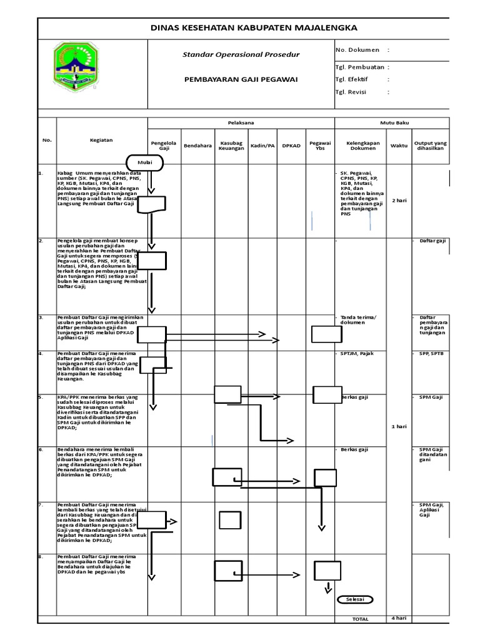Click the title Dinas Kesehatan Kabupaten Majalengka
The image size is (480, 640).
coord(254,28)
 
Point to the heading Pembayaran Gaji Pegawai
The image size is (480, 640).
coord(241,79)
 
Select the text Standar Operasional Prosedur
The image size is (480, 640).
coord(241,54)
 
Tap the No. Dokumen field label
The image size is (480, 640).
coord(362,49)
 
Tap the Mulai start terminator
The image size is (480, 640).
coord(144,162)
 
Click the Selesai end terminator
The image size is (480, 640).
coord(355,599)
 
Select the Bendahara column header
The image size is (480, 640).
coord(197,146)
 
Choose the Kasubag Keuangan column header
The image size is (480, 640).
coord(231,146)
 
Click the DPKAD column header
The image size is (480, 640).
coord(291,146)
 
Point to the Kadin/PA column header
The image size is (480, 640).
coord(262,146)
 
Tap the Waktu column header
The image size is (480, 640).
coord(399,146)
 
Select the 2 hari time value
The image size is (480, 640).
coord(399,201)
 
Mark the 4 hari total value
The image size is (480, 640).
coord(399,618)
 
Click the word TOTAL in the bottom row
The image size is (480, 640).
coord(360,619)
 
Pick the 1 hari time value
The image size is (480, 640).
coord(399,426)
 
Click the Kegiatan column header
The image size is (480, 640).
coord(101,141)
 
